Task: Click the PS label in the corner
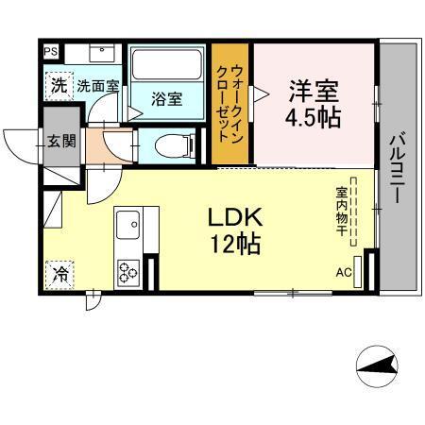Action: pos(51,52)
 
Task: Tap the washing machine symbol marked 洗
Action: pos(59,84)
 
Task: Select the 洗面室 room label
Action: pos(97,85)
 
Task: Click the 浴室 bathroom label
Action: pos(168,99)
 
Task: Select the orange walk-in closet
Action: pos(231,104)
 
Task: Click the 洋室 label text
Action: pos(314,92)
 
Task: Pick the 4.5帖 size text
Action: pos(314,119)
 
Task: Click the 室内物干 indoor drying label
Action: pos(340,209)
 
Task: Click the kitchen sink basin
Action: pos(127,228)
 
